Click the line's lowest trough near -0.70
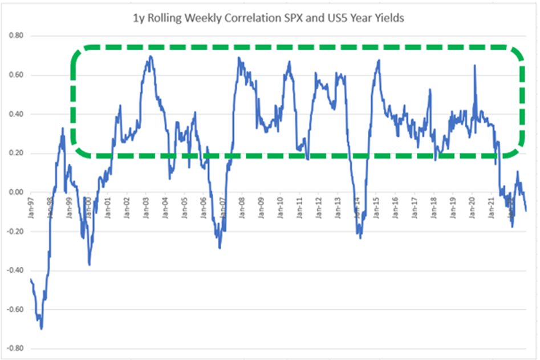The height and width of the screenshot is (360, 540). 41,329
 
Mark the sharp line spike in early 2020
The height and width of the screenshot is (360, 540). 474,66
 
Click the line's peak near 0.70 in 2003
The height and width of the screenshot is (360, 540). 150,56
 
